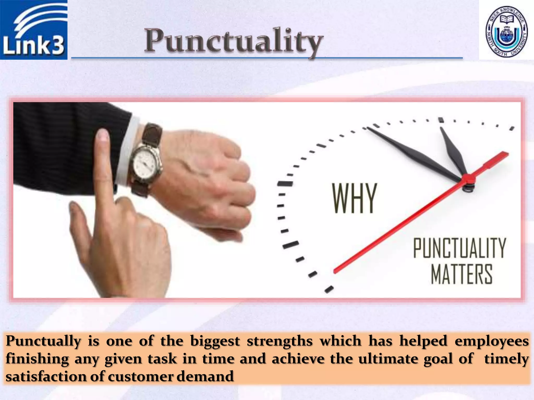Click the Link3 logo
pos(34,30)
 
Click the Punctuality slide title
pos(234,41)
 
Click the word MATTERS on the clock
pos(462,274)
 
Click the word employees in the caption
pos(491,341)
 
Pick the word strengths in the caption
pos(280,341)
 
